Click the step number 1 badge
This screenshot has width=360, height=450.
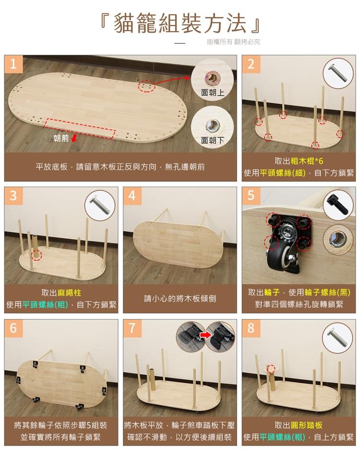[13, 64]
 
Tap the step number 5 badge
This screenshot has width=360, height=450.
[251, 196]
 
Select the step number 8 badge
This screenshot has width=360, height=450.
[251, 328]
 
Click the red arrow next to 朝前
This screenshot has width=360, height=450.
[74, 139]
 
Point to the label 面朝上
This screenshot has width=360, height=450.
[213, 93]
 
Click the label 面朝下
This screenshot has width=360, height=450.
[213, 141]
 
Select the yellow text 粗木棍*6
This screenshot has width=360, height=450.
[307, 161]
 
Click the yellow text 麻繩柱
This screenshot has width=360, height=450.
[69, 293]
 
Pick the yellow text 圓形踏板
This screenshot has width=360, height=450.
[307, 425]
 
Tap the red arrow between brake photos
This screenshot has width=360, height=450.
[205, 335]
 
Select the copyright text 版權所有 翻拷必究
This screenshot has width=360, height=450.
[233, 42]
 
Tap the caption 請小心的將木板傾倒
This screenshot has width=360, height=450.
[180, 298]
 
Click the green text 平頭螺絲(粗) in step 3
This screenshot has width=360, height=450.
[45, 305]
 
